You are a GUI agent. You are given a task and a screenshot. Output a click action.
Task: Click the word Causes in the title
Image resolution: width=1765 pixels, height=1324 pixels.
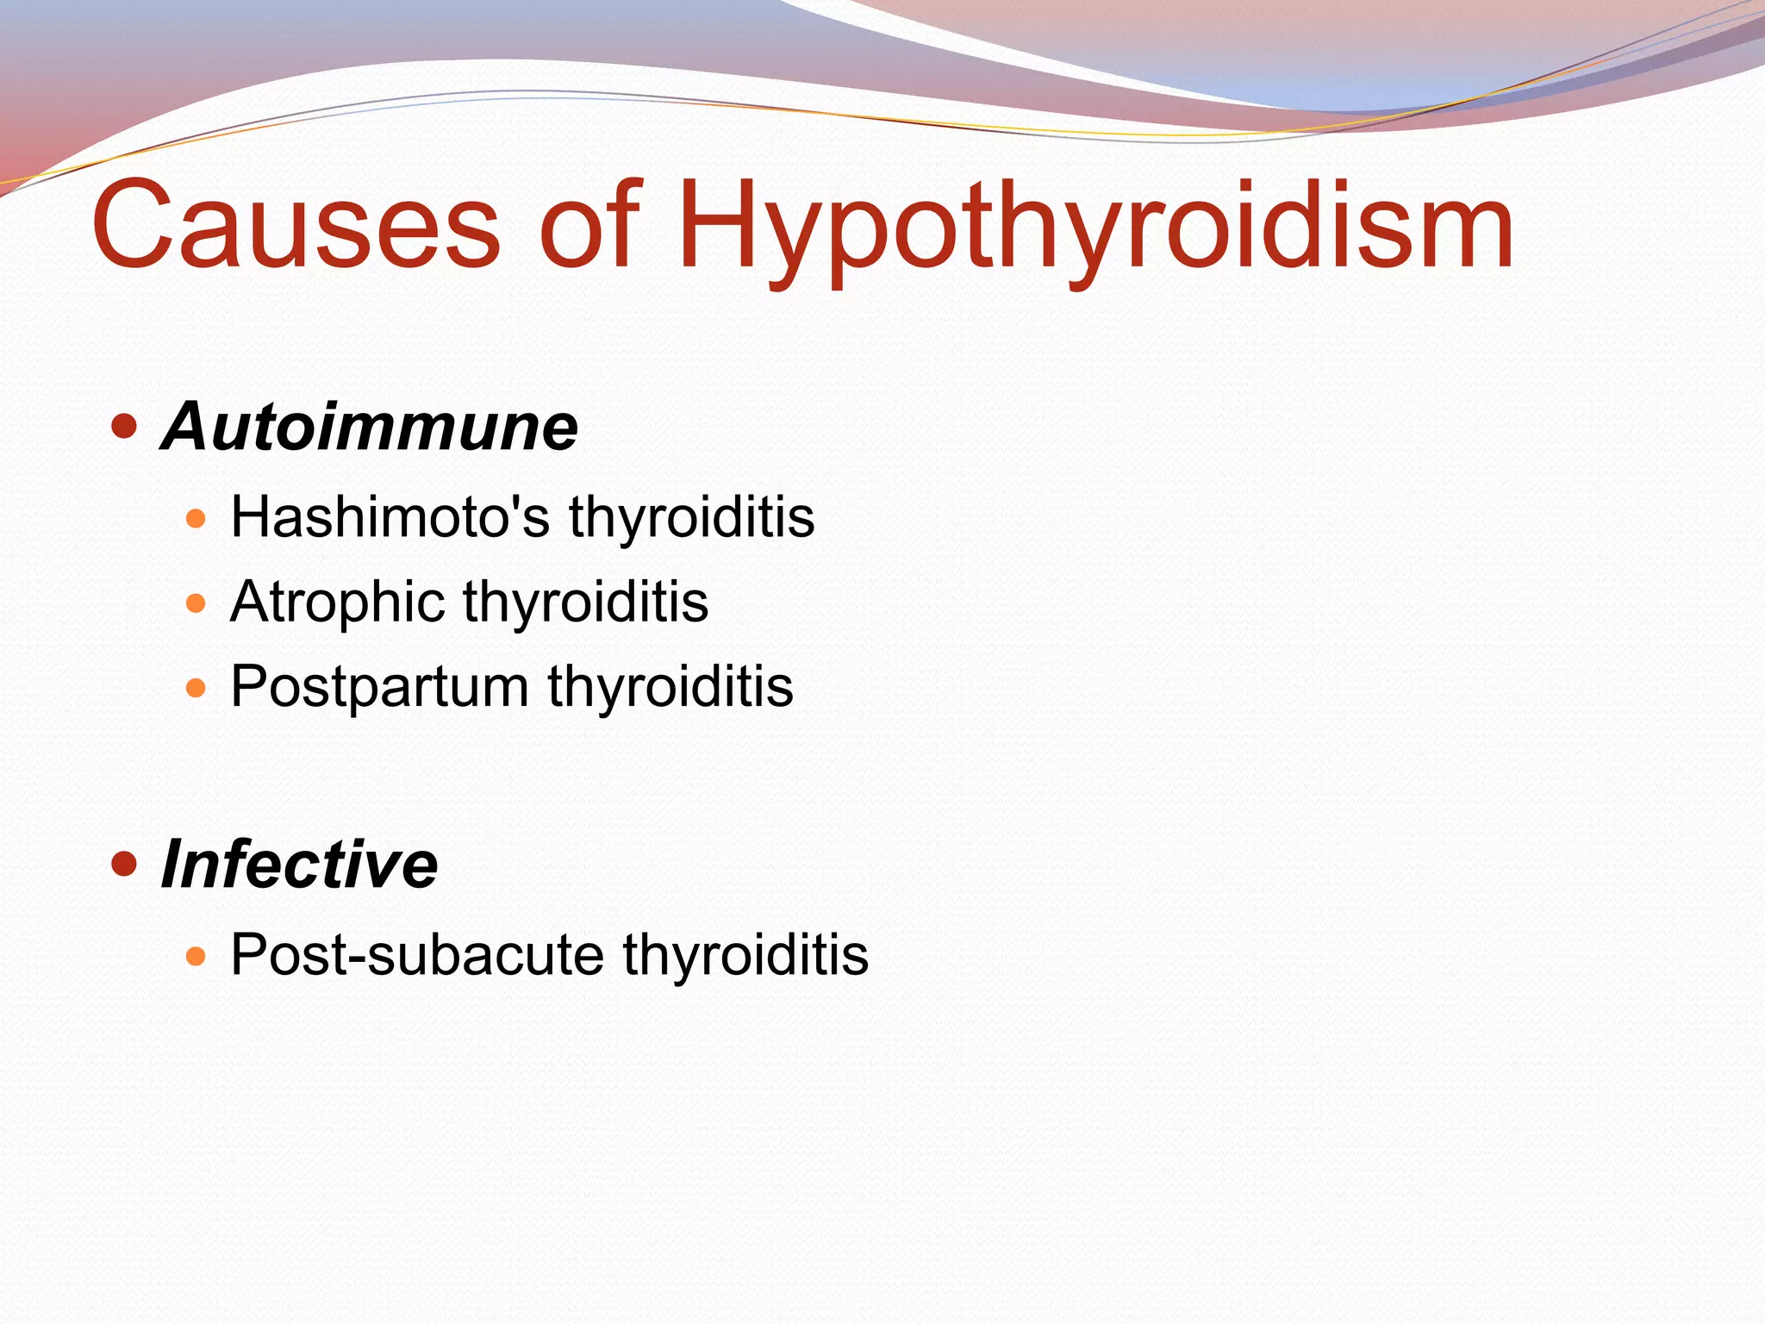coord(296,226)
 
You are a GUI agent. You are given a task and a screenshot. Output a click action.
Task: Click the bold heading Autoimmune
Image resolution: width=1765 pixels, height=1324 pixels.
coord(370,427)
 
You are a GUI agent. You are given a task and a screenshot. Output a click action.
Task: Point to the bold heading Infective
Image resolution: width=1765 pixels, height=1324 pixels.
coord(300,865)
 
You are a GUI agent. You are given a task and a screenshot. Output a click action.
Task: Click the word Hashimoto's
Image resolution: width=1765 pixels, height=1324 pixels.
coord(390,517)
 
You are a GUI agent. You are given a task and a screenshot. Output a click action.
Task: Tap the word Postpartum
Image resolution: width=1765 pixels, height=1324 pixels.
coord(379,687)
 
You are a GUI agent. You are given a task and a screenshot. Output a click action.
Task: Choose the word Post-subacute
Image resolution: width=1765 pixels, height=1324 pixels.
coord(417,955)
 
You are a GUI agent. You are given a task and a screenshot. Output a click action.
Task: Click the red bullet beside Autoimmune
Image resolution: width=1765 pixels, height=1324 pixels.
coord(125,426)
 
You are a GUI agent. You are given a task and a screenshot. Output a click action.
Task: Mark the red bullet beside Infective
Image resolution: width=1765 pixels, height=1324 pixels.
coord(125,864)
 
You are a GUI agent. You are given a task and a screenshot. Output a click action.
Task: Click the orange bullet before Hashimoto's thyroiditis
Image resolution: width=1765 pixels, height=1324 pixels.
coord(196,519)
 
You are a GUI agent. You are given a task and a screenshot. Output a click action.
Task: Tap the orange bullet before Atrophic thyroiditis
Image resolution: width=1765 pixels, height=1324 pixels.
coord(196,603)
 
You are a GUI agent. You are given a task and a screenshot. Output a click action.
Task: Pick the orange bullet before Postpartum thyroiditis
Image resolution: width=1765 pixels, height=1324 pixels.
coord(196,689)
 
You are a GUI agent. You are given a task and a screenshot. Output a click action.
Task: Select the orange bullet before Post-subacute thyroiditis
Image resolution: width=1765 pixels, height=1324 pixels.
coord(196,956)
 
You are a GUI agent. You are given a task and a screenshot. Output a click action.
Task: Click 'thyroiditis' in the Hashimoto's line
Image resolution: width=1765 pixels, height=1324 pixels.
coord(691,517)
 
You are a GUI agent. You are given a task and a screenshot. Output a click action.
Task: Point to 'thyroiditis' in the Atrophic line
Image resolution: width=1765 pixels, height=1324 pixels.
coord(586,602)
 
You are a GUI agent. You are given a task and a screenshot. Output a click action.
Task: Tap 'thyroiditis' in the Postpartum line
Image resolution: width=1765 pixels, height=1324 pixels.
coord(670,687)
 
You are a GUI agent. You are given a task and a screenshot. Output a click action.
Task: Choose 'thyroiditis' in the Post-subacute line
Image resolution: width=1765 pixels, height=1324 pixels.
coord(745,955)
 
